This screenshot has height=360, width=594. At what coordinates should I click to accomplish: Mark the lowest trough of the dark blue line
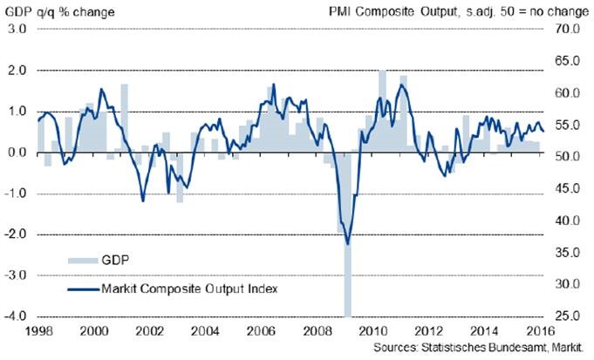pyautogui.click(x=348, y=244)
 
